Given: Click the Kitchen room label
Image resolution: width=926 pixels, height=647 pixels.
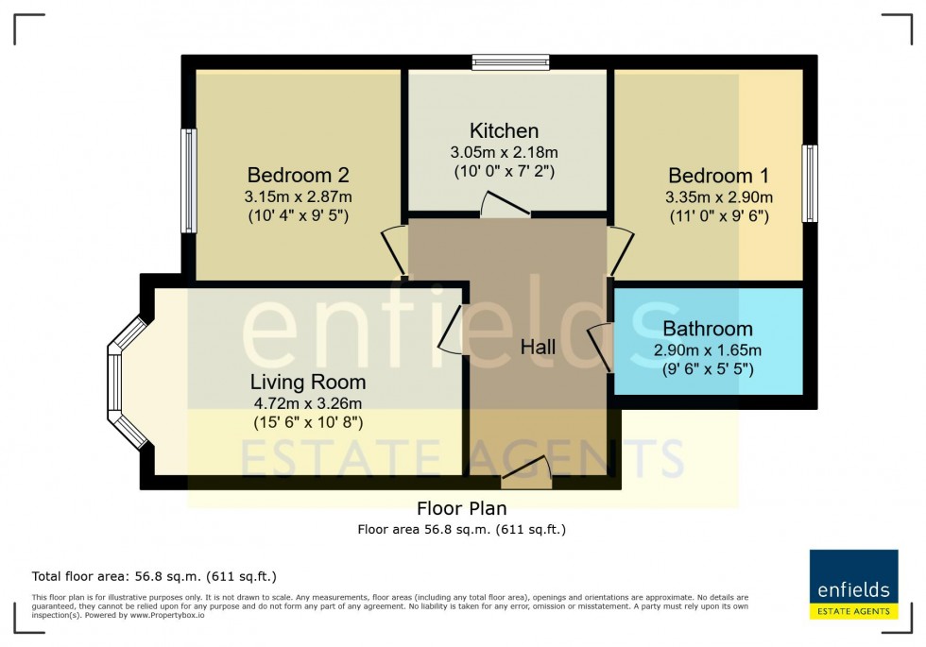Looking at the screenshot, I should (505, 130).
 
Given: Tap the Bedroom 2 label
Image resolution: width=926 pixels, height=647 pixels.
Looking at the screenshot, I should (299, 175).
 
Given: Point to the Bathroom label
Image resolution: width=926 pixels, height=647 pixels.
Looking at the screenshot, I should (708, 329).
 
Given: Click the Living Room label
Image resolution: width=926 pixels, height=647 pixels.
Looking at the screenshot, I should (308, 382).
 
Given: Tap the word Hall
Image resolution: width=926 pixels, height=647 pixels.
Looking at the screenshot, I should (539, 347).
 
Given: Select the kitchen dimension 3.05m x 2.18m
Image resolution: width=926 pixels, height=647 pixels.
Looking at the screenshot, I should (505, 152).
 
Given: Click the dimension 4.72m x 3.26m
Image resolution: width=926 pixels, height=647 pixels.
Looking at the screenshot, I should (308, 403).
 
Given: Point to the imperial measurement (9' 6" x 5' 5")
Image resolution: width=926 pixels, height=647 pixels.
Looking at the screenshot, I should (708, 369).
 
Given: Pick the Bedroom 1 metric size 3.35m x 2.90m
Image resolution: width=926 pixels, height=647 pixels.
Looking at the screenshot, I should (718, 196).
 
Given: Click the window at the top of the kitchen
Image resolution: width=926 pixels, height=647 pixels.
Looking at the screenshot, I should (510, 63).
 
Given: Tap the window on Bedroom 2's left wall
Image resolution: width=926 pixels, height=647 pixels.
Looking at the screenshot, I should (189, 180).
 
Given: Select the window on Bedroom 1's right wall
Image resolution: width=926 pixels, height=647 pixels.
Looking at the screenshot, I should (810, 183).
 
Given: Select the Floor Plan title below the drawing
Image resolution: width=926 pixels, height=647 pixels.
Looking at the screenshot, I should (462, 509).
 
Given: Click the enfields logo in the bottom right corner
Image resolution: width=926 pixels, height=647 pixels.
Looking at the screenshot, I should (853, 585).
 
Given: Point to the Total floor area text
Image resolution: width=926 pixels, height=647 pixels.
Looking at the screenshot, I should (154, 575).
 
